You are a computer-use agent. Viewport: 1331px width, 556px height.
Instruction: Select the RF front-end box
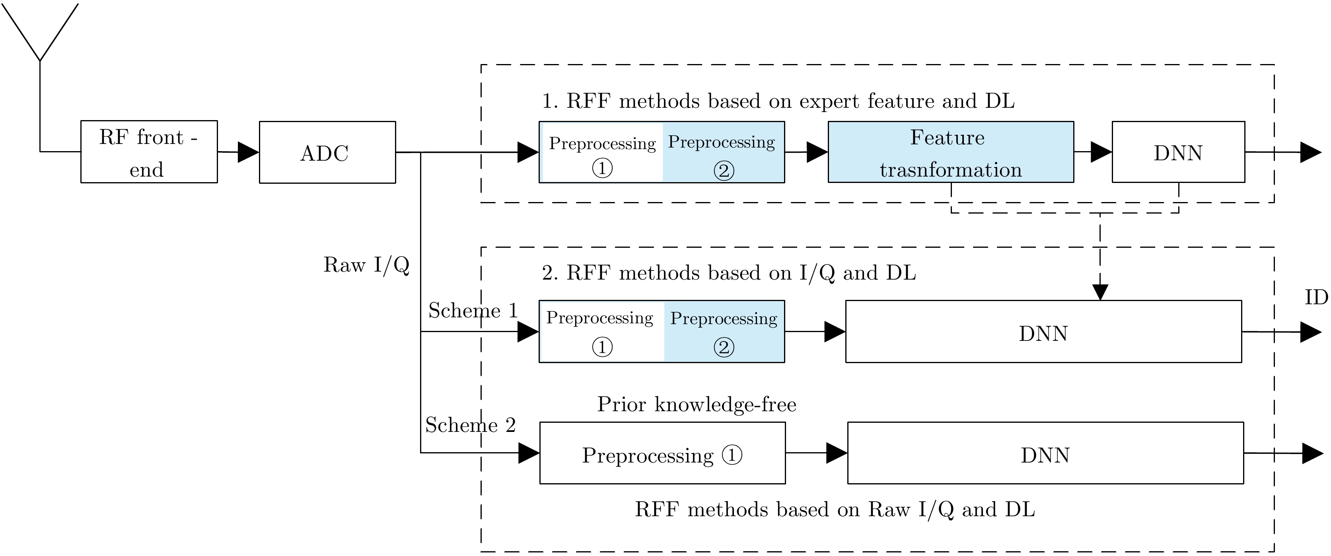click(x=149, y=152)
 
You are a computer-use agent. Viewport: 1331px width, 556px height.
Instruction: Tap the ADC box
click(x=327, y=152)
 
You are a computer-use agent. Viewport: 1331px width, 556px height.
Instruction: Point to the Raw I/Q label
click(x=366, y=265)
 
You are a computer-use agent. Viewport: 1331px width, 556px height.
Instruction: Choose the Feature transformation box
click(x=950, y=152)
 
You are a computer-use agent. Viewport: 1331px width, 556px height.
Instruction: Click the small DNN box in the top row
click(x=1178, y=152)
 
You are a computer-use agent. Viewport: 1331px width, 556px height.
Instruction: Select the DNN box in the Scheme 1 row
click(x=1043, y=332)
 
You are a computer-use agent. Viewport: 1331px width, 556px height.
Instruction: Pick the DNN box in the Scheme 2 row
click(x=1045, y=453)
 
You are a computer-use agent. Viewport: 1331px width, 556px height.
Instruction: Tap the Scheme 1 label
click(x=473, y=311)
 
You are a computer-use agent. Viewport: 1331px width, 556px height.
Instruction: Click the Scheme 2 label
click(x=470, y=425)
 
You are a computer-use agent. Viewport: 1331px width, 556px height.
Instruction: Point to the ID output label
click(x=1316, y=297)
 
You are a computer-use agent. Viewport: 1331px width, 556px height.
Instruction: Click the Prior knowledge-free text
click(x=697, y=404)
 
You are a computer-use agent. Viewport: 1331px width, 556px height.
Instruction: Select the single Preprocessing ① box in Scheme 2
click(x=662, y=453)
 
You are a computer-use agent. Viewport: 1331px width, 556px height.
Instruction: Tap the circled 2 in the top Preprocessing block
click(x=723, y=171)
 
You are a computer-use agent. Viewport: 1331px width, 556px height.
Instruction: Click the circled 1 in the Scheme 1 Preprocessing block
click(x=602, y=347)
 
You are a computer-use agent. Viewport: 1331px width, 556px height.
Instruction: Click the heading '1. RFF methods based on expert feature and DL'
click(x=778, y=101)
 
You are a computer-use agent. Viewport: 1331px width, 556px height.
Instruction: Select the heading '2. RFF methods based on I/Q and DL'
click(x=728, y=273)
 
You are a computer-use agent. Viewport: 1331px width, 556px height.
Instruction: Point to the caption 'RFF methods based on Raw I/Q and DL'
click(x=835, y=509)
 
